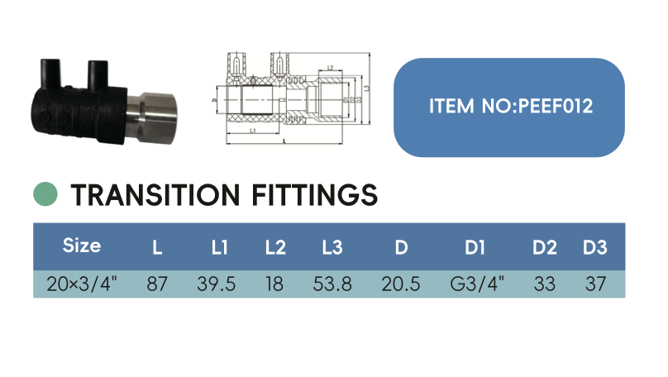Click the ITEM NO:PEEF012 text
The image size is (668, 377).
tap(511, 107)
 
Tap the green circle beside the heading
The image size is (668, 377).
tap(45, 194)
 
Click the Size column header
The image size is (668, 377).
tap(82, 246)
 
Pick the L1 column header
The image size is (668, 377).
tap(220, 246)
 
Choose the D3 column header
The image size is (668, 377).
tap(594, 246)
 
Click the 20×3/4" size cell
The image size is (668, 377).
tap(82, 284)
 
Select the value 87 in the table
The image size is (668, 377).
tap(156, 284)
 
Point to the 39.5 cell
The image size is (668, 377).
tap(217, 284)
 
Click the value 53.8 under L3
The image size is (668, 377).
tap(332, 284)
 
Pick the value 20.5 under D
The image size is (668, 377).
tap(401, 284)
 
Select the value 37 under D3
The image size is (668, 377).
tap(594, 284)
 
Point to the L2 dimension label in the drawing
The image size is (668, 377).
tap(330, 68)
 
